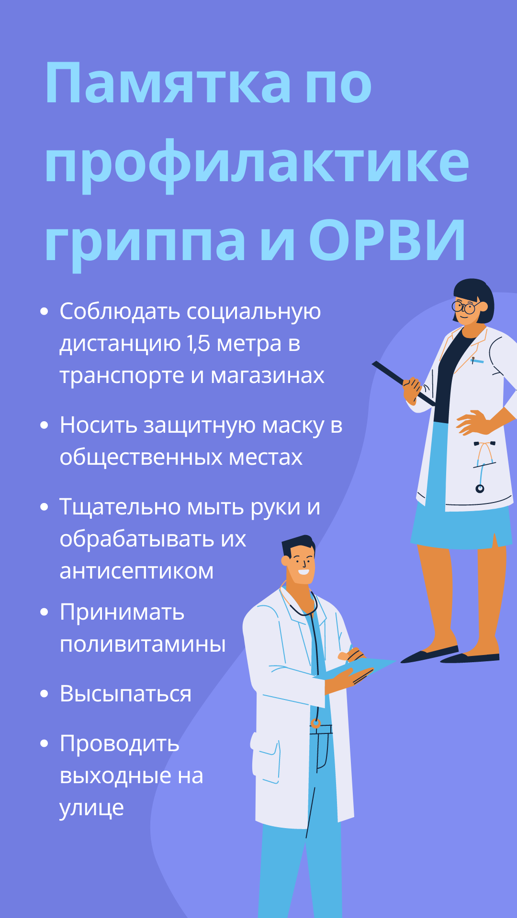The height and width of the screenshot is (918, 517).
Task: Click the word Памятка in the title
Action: pos(168,83)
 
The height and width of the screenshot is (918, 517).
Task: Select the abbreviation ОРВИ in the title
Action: pos(387,240)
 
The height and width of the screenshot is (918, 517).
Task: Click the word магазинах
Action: pos(268,376)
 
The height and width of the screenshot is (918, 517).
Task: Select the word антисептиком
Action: pos(136,571)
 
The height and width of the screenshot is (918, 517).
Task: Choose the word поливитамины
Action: pos(143,644)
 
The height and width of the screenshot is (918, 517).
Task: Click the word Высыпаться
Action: pos(125,694)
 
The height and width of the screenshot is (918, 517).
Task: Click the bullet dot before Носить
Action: pos(45,425)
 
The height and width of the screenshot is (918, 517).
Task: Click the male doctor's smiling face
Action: pos(301,564)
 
